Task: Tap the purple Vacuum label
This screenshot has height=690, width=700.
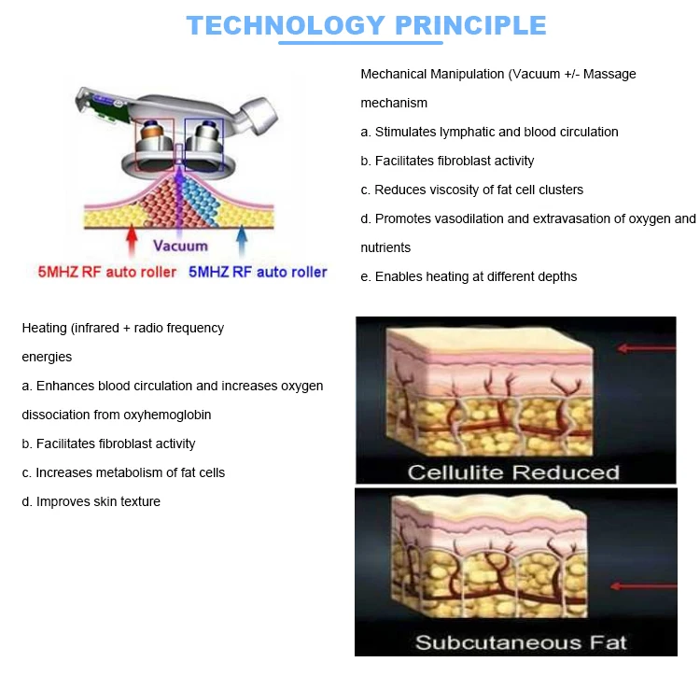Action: [x=180, y=246]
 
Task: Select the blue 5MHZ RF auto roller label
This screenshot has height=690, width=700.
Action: [x=259, y=272]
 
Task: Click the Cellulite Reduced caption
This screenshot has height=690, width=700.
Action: [x=513, y=472]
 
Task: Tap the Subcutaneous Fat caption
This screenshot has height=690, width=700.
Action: [x=521, y=642]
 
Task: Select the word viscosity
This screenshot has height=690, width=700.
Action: [x=459, y=190]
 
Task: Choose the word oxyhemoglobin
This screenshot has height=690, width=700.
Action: [x=152, y=415]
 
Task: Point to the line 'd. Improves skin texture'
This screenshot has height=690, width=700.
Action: [x=91, y=501]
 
